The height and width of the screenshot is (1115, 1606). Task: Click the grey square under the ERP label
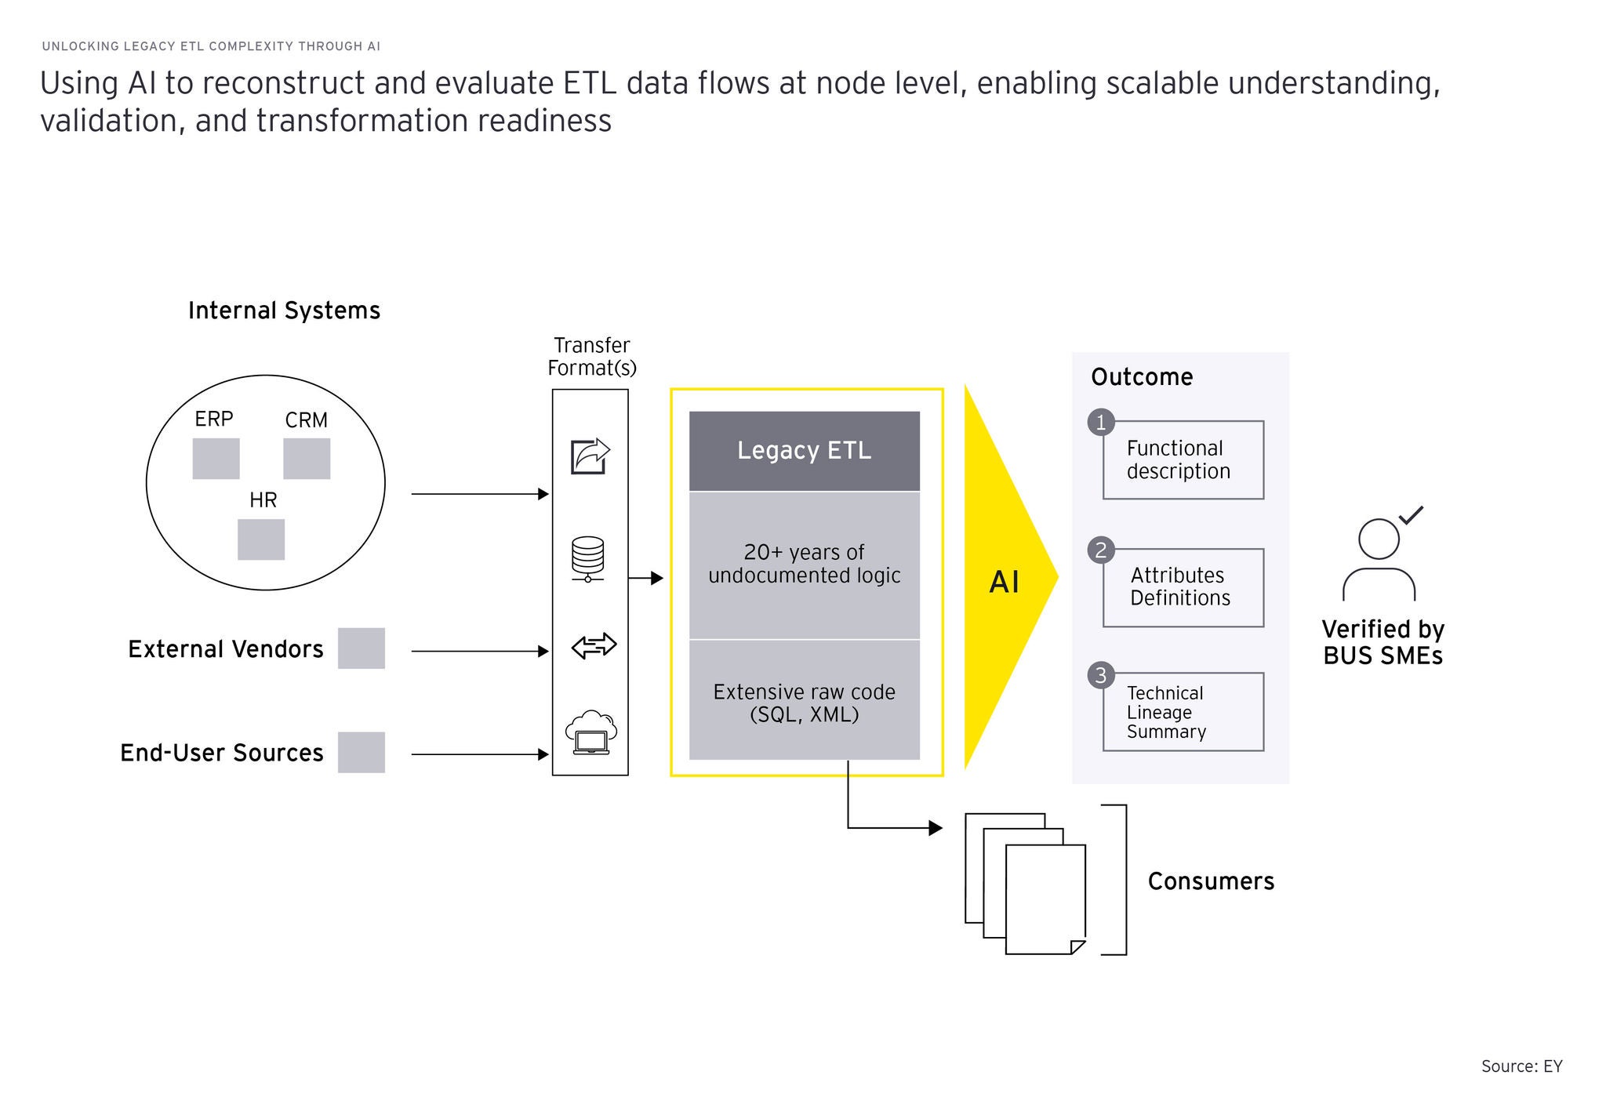[x=216, y=459]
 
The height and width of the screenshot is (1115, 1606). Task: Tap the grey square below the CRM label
[x=307, y=459]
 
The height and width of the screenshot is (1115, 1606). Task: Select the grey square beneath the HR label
[x=261, y=539]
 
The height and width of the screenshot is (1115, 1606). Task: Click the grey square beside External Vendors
[x=362, y=648]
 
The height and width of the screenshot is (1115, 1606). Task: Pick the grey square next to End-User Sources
[x=362, y=753]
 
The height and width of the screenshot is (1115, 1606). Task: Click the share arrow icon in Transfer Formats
[x=590, y=456]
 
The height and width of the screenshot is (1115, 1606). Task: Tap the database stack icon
[x=588, y=559]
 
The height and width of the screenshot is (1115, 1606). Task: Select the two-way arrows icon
[x=594, y=646]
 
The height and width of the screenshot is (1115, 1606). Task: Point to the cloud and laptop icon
[x=591, y=732]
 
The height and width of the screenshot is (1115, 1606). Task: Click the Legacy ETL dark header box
[x=805, y=451]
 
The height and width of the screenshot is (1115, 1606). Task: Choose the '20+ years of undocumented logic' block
[x=805, y=565]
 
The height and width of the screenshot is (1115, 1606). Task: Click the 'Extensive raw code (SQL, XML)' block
[x=805, y=700]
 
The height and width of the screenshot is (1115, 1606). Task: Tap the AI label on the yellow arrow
[x=1005, y=583]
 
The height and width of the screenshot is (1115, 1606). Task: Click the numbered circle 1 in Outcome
[x=1101, y=423]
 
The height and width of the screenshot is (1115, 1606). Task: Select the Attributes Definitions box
[x=1183, y=587]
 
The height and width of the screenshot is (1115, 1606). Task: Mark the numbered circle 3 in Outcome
[x=1101, y=675]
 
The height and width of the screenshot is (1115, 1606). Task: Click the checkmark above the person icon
[x=1412, y=514]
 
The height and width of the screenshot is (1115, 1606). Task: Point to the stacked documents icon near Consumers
[x=1026, y=884]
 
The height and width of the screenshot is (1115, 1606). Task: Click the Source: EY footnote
[x=1521, y=1066]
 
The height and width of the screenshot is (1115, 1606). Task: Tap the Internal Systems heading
[x=284, y=311]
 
